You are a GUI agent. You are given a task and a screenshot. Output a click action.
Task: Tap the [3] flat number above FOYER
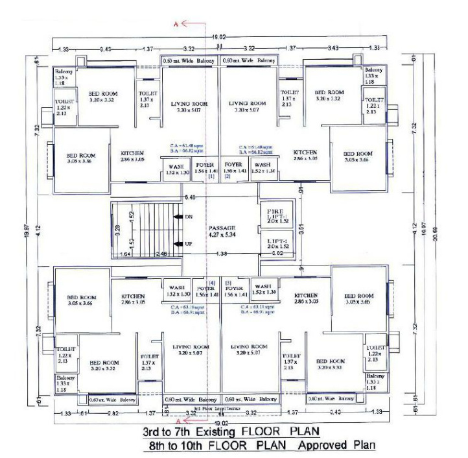[x=228, y=283]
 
